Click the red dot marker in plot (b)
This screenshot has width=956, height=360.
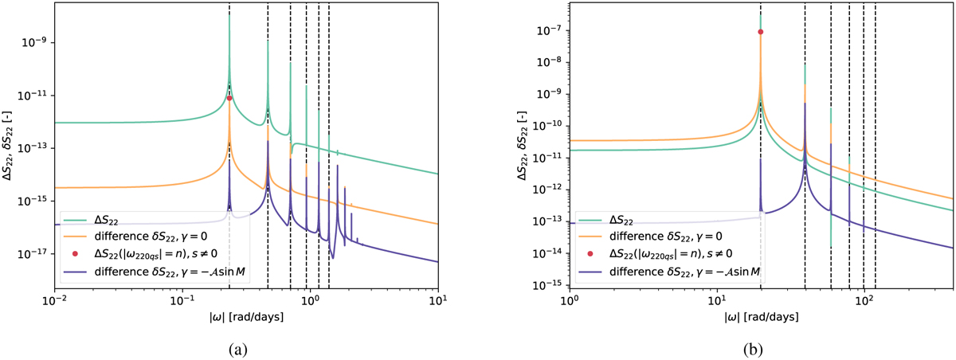click(761, 32)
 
